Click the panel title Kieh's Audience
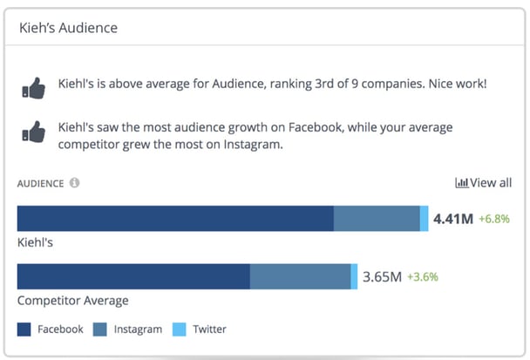coord(68,28)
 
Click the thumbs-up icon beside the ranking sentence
coord(32,89)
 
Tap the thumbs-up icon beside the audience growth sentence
coord(32,132)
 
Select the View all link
coord(484,183)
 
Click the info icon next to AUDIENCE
coord(74,184)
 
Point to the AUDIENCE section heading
coord(40,184)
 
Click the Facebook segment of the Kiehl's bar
coord(175,219)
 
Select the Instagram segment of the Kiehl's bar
coord(377,219)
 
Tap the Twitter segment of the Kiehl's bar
coord(425,219)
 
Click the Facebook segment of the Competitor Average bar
coord(133,277)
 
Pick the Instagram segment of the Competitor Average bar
coord(300,277)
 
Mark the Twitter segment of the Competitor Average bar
coord(354,277)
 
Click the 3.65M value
coord(382,277)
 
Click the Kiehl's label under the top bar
coord(35,242)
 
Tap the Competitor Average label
coord(72,301)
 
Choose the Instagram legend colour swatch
coord(100,329)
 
